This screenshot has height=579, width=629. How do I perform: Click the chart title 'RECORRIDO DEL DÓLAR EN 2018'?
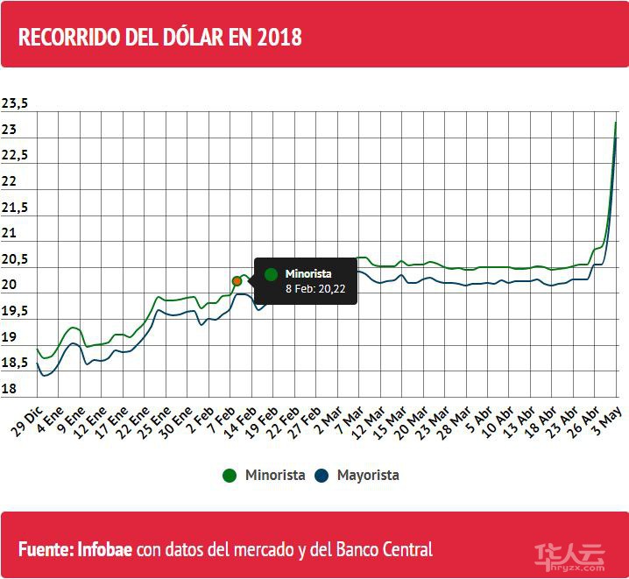[160, 38]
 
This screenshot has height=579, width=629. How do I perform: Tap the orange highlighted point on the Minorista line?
[237, 280]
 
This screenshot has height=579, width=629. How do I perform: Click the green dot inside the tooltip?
[271, 274]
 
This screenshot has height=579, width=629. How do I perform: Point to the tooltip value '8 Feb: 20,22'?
[315, 289]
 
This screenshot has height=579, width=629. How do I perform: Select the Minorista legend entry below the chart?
[265, 475]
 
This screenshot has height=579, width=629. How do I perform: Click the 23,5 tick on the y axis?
[15, 104]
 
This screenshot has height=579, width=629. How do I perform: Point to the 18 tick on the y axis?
[10, 389]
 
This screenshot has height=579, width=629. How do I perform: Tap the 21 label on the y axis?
[10, 233]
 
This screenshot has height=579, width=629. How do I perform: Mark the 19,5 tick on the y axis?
[15, 311]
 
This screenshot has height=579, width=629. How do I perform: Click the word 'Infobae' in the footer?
[104, 550]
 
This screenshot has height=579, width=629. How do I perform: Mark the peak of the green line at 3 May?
[616, 123]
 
